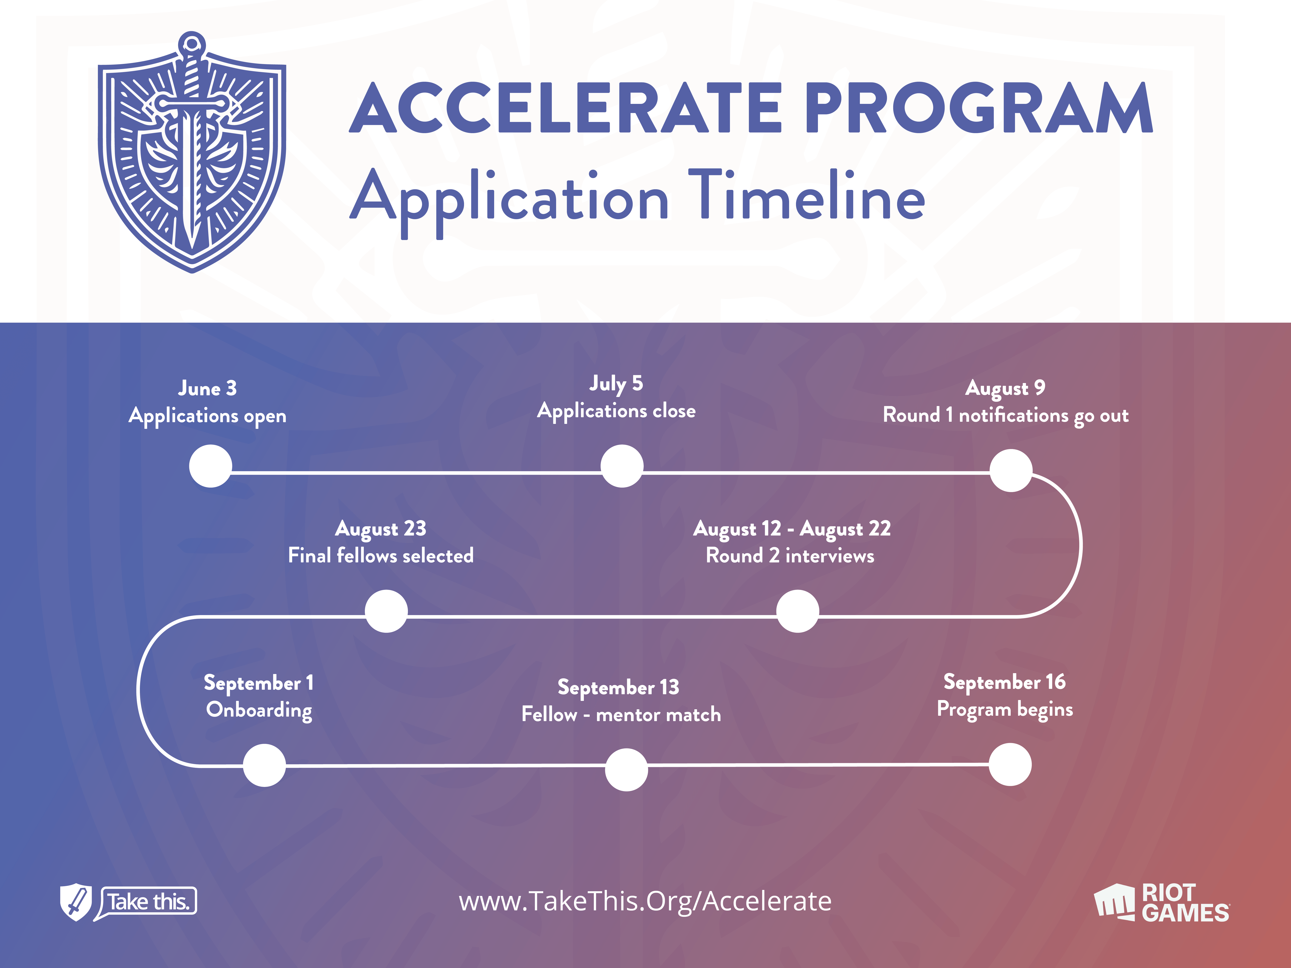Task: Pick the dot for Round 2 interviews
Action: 798,611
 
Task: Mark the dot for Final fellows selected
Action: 386,611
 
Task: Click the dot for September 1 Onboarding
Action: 264,765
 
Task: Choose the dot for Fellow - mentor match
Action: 626,770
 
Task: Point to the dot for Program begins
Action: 1010,764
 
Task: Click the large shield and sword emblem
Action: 192,152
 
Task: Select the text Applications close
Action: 616,411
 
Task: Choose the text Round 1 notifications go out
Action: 1006,416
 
